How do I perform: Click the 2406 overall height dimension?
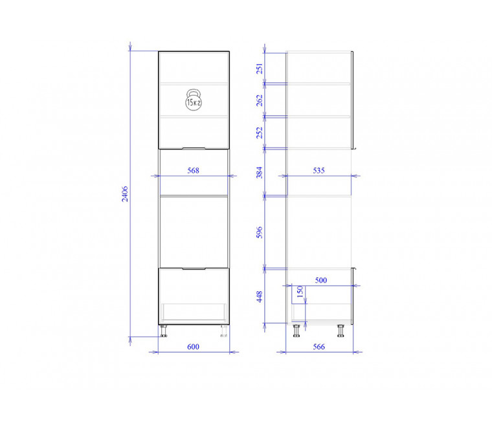125,194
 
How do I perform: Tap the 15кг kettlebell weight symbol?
194,100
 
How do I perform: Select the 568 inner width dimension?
194,170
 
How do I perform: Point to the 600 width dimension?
194,347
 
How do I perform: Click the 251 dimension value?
260,69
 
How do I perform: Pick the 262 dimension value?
260,100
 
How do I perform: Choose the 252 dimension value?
260,133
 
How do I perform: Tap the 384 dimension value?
260,173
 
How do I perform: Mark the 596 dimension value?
260,232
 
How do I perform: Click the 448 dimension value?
260,296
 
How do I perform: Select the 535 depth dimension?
319,170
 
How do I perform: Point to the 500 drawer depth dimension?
321,280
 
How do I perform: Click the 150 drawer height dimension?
300,292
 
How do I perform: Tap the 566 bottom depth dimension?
319,347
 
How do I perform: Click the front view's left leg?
164,331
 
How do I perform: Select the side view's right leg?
341,331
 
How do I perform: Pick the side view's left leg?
296,331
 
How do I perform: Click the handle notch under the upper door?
194,148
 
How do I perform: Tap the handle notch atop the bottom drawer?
194,269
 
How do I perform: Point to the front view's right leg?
224,331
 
